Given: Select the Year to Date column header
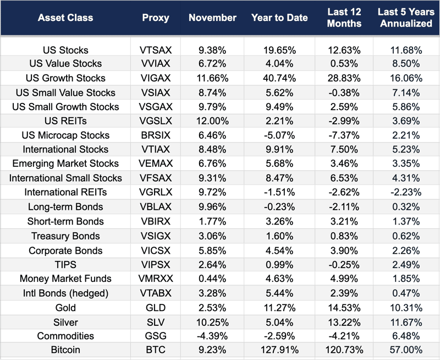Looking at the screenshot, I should point(279,18).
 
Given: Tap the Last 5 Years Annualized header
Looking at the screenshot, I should point(406,18).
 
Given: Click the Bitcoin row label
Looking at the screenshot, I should point(65,350).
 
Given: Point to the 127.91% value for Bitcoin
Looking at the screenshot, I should point(280,350).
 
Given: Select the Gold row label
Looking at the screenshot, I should point(65,307).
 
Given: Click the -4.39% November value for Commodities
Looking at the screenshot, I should point(212,336).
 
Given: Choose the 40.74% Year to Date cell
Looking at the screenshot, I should point(280,78).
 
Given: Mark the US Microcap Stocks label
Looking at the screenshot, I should point(65,135).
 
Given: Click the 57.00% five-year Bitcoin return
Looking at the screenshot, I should point(406,350).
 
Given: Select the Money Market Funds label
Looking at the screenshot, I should point(65,279).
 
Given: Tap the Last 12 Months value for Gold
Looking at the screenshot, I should point(344,307).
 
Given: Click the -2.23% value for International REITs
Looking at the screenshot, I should point(406,193).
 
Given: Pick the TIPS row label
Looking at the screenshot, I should point(65,264).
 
